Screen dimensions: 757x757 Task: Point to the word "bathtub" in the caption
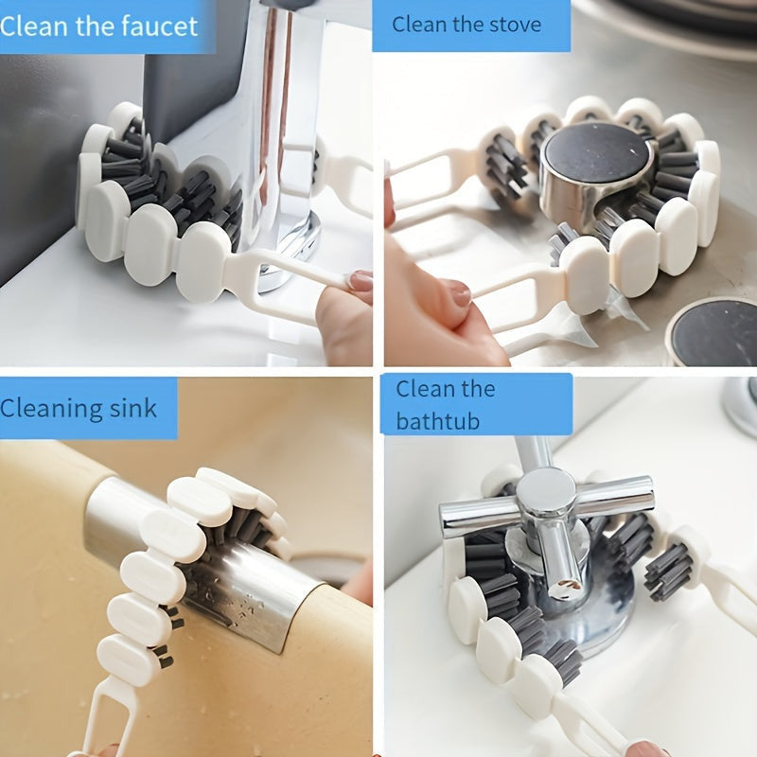coord(438,420)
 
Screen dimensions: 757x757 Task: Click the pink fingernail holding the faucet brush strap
coord(361,280)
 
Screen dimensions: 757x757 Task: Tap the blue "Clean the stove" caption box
coord(471,26)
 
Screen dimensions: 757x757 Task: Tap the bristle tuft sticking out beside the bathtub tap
coord(669,572)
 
